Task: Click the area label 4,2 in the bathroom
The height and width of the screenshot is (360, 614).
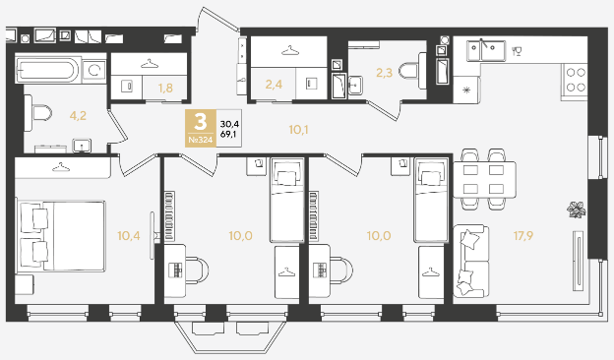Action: [78, 116]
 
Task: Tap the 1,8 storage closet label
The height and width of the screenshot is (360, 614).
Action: [165, 89]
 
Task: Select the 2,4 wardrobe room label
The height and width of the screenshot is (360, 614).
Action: [274, 85]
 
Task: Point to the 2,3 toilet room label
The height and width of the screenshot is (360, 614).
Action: [384, 73]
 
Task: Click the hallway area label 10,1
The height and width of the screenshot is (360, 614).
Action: [298, 130]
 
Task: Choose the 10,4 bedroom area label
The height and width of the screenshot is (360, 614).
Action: [129, 235]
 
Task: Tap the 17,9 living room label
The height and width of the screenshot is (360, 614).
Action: [523, 235]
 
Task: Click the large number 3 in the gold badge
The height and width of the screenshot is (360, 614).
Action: [200, 122]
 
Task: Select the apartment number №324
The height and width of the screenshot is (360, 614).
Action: [200, 140]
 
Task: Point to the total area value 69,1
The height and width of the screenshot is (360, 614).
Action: [229, 134]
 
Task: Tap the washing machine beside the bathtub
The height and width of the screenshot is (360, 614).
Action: [94, 71]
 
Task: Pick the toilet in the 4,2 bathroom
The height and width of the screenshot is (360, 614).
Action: [38, 113]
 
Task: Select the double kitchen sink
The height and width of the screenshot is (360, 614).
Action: [485, 51]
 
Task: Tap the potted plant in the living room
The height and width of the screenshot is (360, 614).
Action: [576, 210]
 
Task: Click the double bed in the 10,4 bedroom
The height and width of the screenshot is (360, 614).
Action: [61, 235]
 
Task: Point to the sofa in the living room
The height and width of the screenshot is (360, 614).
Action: [471, 261]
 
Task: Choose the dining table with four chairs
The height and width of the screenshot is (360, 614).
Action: [484, 179]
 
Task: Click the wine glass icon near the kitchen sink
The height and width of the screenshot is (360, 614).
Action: [517, 51]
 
